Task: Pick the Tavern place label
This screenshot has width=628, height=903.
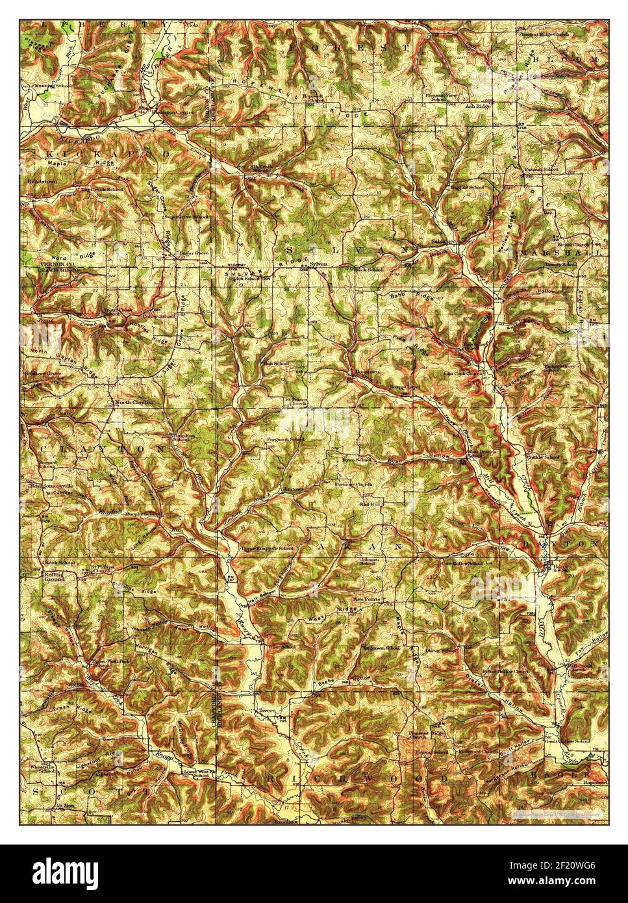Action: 268,711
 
